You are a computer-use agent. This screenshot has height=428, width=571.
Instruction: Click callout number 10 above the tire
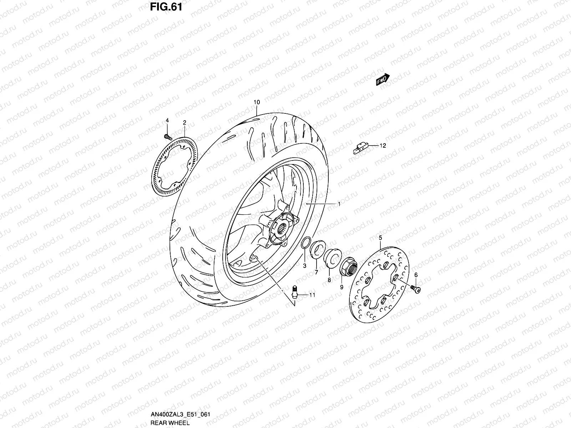click(257, 102)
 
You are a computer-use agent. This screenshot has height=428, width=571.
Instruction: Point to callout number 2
click(185, 123)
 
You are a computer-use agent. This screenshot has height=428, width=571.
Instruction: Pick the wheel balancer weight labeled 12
click(360, 148)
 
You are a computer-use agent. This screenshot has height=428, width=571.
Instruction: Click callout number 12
click(383, 146)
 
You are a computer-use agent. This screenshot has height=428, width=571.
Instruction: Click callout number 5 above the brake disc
click(380, 238)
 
